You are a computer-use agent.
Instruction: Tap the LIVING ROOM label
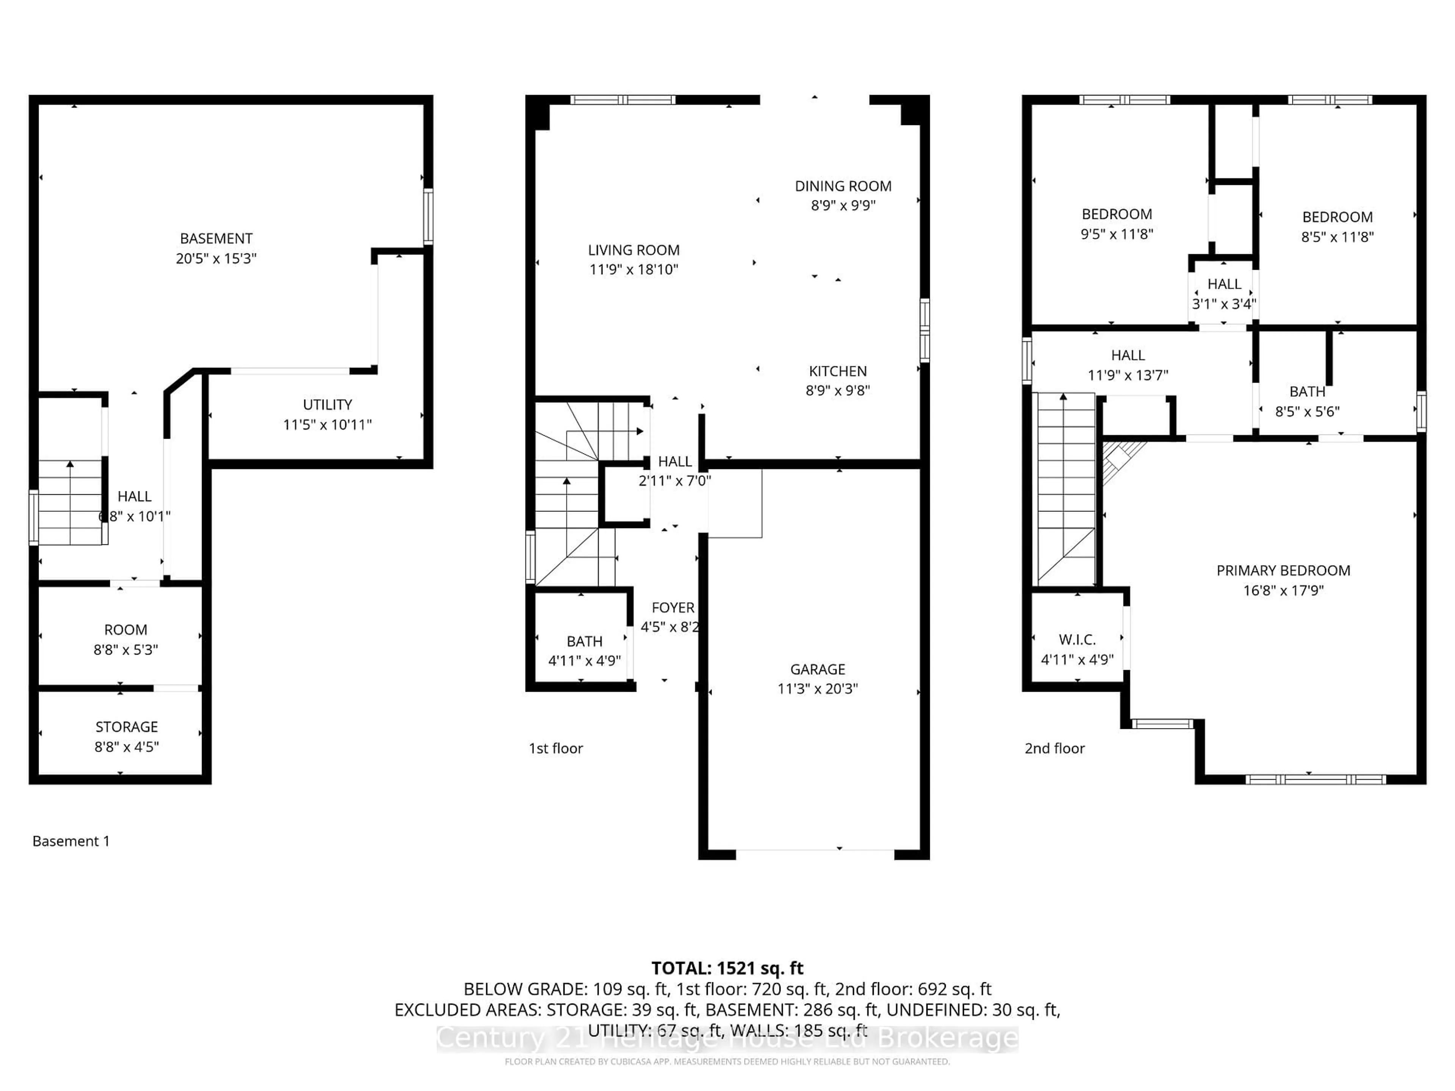634,250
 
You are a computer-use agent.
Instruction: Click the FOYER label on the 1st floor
672,608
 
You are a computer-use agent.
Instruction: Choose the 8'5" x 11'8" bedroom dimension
1337,237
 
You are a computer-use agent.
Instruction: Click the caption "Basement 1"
71,841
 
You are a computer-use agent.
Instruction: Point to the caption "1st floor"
556,749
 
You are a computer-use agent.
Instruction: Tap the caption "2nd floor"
1054,749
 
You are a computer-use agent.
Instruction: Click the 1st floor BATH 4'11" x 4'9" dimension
584,660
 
